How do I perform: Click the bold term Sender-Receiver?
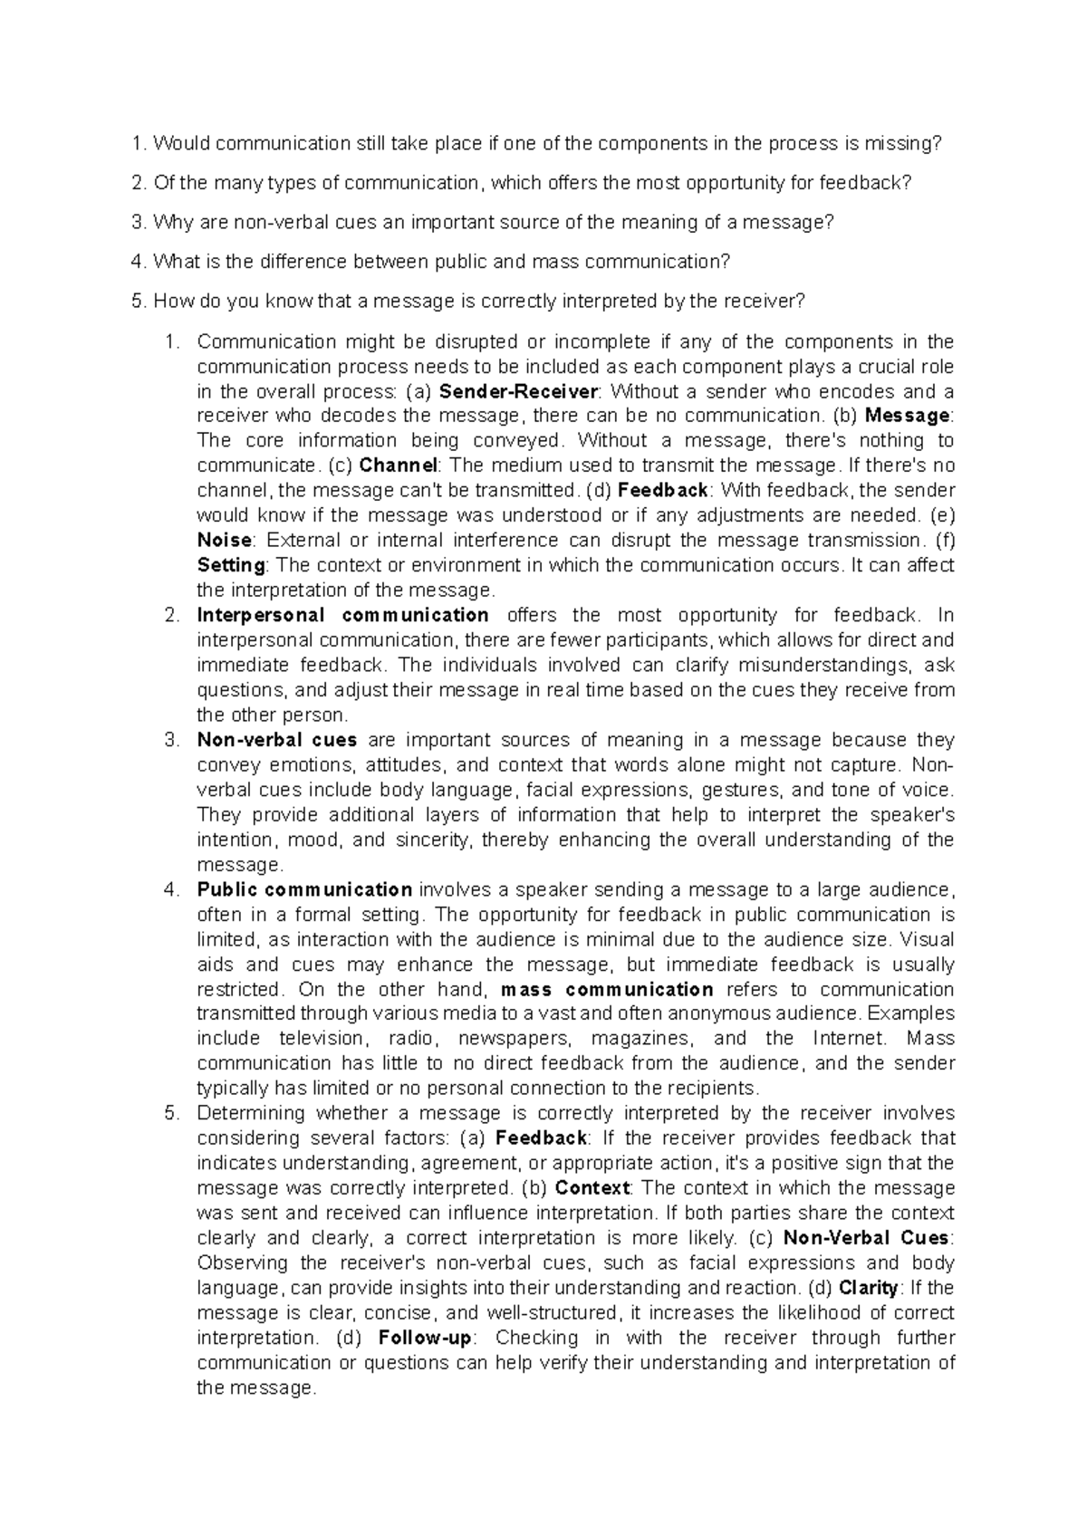pyautogui.click(x=517, y=392)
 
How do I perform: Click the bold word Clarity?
pyautogui.click(x=869, y=1288)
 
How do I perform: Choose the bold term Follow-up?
pyautogui.click(x=426, y=1338)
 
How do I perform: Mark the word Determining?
pyautogui.click(x=251, y=1113)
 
